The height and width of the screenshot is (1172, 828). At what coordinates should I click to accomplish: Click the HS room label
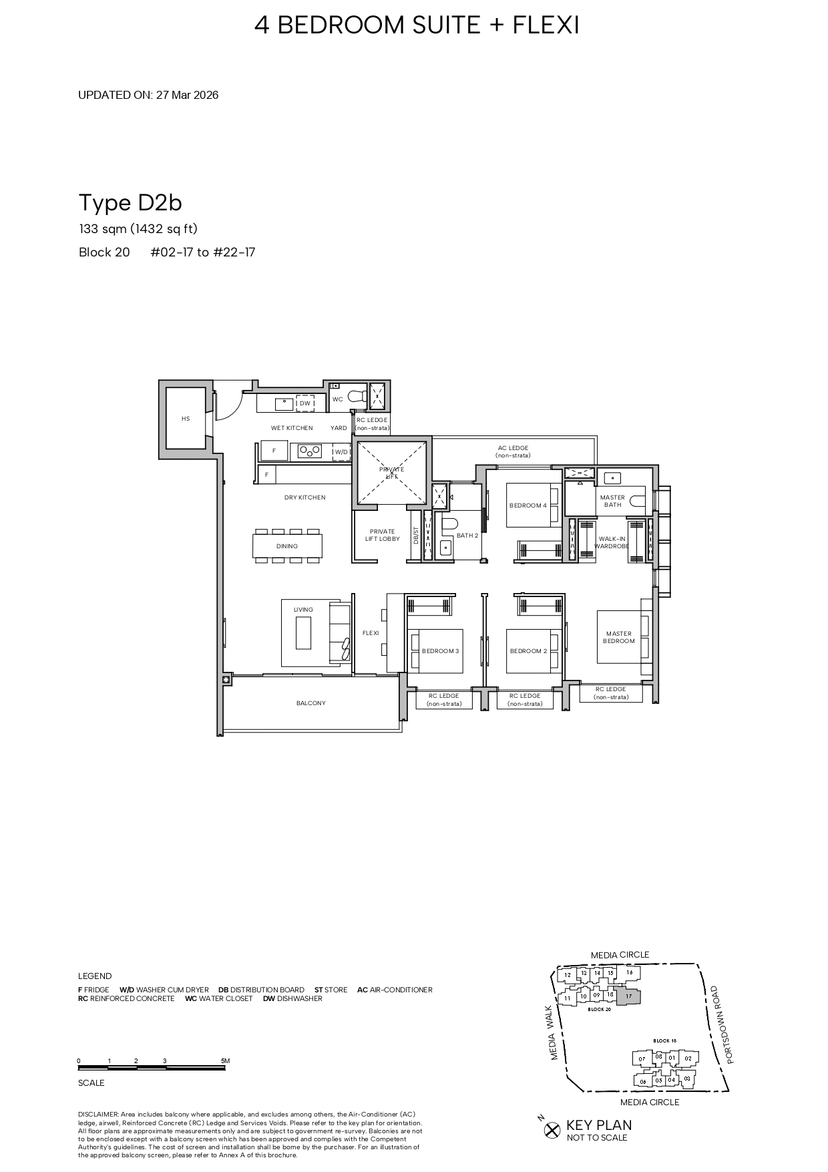(186, 419)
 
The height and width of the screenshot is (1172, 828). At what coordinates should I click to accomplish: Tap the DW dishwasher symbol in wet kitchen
(305, 403)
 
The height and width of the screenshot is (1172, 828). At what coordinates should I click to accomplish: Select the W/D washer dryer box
(341, 452)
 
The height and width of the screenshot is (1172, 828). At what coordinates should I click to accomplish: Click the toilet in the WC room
(358, 395)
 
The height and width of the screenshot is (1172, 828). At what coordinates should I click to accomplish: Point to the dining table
(287, 546)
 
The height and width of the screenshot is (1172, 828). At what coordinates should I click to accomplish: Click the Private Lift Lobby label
(382, 536)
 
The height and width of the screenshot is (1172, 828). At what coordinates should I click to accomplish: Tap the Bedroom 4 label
(528, 506)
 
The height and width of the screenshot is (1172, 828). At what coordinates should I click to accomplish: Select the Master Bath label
(612, 501)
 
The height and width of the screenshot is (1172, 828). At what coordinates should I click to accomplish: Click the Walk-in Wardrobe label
(612, 542)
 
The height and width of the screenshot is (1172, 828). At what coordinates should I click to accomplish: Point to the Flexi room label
(371, 633)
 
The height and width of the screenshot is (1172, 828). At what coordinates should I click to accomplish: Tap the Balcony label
(311, 703)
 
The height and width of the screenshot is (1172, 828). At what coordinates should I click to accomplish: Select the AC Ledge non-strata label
(513, 451)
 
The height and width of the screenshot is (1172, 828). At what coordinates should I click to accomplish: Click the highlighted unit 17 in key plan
(629, 996)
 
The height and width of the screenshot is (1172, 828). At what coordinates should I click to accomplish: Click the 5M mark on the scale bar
(225, 1061)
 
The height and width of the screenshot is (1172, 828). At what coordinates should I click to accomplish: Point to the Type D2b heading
(130, 202)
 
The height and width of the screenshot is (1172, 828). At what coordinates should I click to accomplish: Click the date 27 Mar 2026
(187, 95)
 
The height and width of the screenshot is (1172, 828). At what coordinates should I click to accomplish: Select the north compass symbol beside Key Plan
(552, 1130)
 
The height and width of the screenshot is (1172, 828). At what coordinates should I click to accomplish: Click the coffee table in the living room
(303, 632)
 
